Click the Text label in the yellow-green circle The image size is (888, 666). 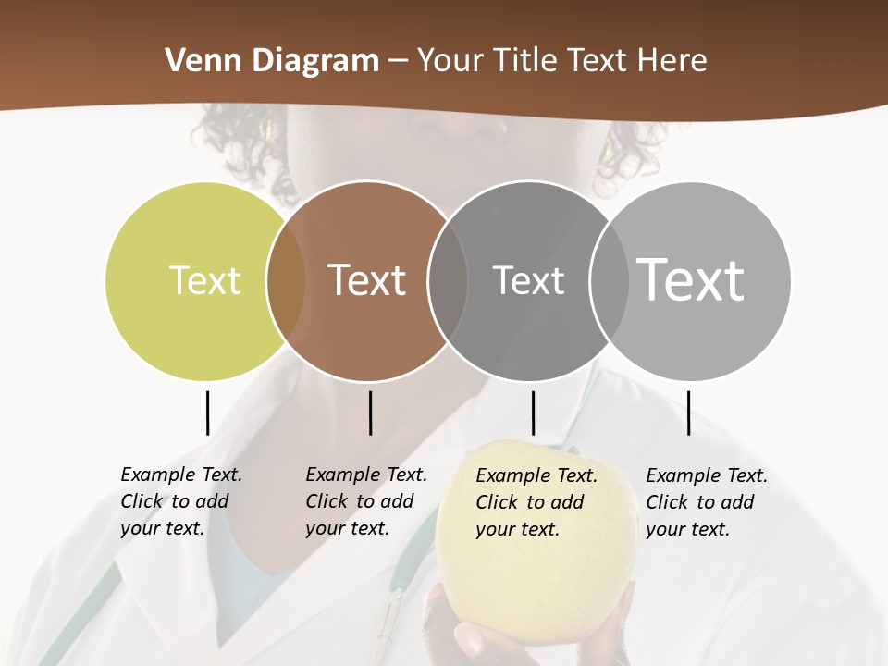point(204,280)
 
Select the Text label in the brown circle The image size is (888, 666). point(367,280)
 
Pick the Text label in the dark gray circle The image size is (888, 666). point(528,280)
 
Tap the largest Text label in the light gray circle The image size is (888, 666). point(691,279)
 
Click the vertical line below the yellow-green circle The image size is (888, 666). point(207,413)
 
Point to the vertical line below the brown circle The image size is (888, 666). point(370,413)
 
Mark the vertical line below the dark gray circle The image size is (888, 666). point(533,413)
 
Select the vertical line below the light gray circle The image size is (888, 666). point(688,413)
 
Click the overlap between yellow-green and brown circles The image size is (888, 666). point(286,280)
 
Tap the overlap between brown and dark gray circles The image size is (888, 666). point(448,280)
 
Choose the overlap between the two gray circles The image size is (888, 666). point(610,280)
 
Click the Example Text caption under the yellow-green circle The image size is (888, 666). point(180,501)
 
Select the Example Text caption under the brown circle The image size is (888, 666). point(365,501)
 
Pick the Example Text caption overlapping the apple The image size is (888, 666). point(536,502)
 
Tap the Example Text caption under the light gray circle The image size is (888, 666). point(706,502)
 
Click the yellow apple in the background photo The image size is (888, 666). point(536,592)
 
